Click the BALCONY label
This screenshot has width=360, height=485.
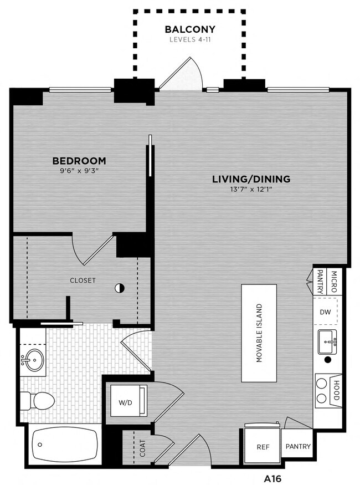click(190, 29)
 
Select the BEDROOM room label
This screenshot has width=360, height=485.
click(79, 161)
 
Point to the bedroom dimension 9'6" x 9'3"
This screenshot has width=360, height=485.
click(79, 171)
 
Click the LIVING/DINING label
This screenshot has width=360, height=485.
click(251, 179)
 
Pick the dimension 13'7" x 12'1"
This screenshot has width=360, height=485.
click(251, 190)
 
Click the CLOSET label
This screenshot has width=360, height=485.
click(83, 280)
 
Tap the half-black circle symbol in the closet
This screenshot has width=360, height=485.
click(119, 288)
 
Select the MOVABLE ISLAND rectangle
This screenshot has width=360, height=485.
click(259, 333)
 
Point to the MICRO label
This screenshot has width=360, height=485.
click(334, 275)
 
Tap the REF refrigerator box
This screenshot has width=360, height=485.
click(263, 447)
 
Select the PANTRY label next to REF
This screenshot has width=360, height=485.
click(298, 447)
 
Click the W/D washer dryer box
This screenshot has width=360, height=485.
click(126, 402)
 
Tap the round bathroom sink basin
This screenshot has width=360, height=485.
click(32, 361)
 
